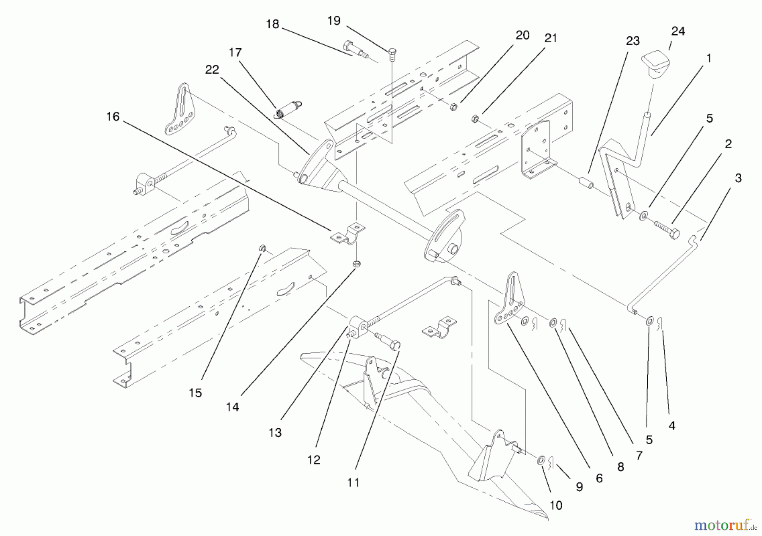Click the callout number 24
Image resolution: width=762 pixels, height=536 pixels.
678,32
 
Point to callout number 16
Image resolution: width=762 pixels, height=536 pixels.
113,117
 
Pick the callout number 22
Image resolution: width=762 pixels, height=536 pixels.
212,70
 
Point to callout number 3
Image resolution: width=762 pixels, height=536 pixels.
738,178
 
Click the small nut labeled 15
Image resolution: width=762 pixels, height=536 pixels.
262,248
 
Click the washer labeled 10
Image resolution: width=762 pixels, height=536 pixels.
542,460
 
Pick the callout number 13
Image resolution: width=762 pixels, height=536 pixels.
275,433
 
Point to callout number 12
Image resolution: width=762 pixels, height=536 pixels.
314,459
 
